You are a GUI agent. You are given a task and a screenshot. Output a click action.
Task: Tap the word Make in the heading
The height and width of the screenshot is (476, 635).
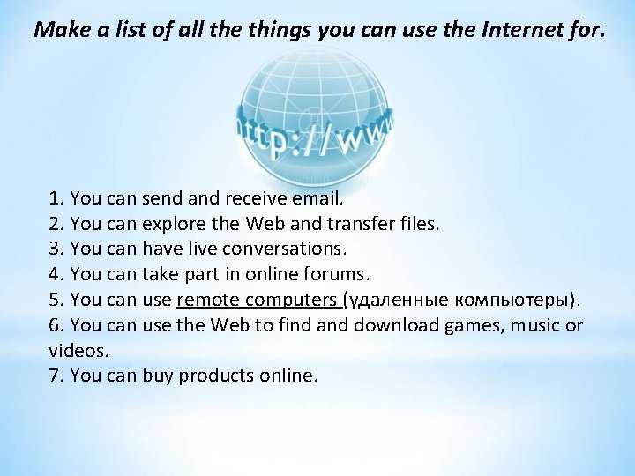pyautogui.click(x=56, y=30)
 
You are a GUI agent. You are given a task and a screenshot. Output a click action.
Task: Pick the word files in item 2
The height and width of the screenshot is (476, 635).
pyautogui.click(x=414, y=224)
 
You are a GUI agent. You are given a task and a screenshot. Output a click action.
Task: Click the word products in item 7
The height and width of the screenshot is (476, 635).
pyautogui.click(x=216, y=376)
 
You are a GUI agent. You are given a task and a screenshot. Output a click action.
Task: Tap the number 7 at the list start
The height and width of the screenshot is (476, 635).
pyautogui.click(x=56, y=376)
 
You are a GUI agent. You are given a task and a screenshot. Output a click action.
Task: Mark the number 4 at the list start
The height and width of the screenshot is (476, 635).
pyautogui.click(x=56, y=274)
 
